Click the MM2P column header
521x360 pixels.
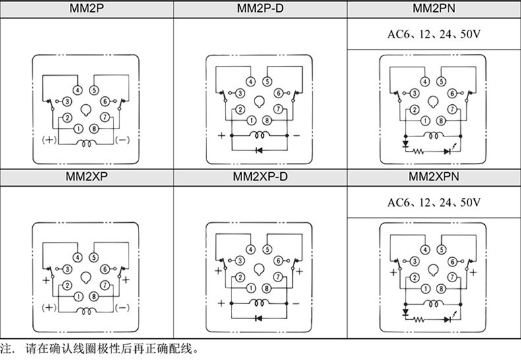[87, 9]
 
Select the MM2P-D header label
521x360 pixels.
[260, 9]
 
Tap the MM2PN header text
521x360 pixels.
[433, 9]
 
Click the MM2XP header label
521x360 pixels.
[87, 177]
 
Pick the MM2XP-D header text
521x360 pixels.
[260, 177]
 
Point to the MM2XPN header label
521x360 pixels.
[433, 177]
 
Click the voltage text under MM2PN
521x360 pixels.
[433, 34]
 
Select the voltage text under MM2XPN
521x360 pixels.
[433, 202]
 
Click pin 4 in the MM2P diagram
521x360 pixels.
[78, 90]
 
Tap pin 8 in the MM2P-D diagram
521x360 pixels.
[267, 121]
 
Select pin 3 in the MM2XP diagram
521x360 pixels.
[67, 268]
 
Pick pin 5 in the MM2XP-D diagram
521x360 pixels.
[267, 249]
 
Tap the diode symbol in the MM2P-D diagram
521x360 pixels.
[259, 150]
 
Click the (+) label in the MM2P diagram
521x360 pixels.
[48, 140]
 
